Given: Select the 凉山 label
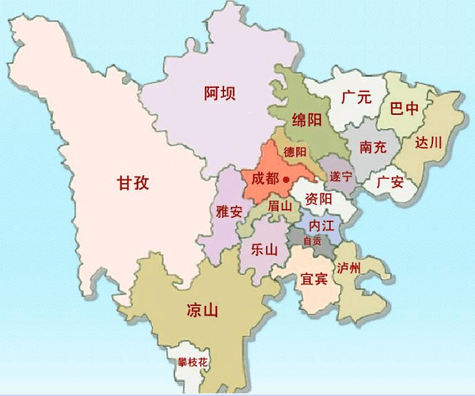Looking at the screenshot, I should click(201, 310).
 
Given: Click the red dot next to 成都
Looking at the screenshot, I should click(285, 181).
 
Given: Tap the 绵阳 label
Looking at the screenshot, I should click(306, 120).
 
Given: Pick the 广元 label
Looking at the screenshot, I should click(356, 98).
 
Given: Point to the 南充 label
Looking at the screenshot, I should click(374, 147).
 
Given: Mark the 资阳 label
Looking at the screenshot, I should click(317, 197).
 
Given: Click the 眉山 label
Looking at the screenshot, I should click(281, 205).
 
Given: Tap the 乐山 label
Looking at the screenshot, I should click(264, 248).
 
